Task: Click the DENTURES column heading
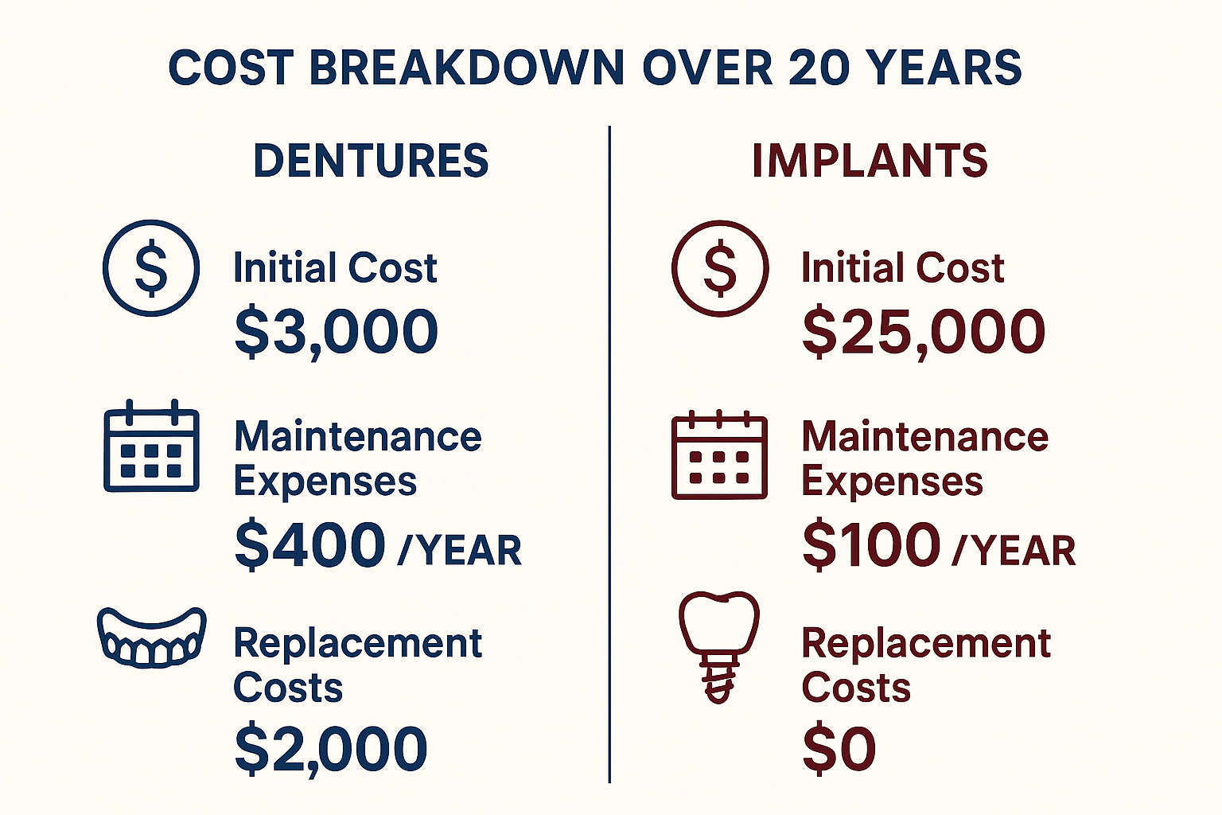click(x=371, y=161)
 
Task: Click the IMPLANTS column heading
click(x=870, y=161)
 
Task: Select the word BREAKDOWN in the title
click(x=467, y=68)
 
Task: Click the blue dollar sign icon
click(x=151, y=268)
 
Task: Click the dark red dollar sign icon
click(x=720, y=268)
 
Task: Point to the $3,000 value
click(x=337, y=332)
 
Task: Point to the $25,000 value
click(x=923, y=332)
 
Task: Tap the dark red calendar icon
click(x=719, y=455)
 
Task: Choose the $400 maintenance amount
click(x=310, y=545)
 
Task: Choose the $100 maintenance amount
click(x=872, y=545)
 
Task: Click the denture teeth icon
click(x=151, y=637)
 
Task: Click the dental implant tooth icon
click(x=718, y=645)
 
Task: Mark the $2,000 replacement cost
click(x=331, y=749)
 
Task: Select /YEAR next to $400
click(x=460, y=550)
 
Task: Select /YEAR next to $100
click(x=1014, y=550)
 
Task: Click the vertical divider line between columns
click(x=609, y=454)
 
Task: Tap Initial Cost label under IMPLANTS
click(x=903, y=268)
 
